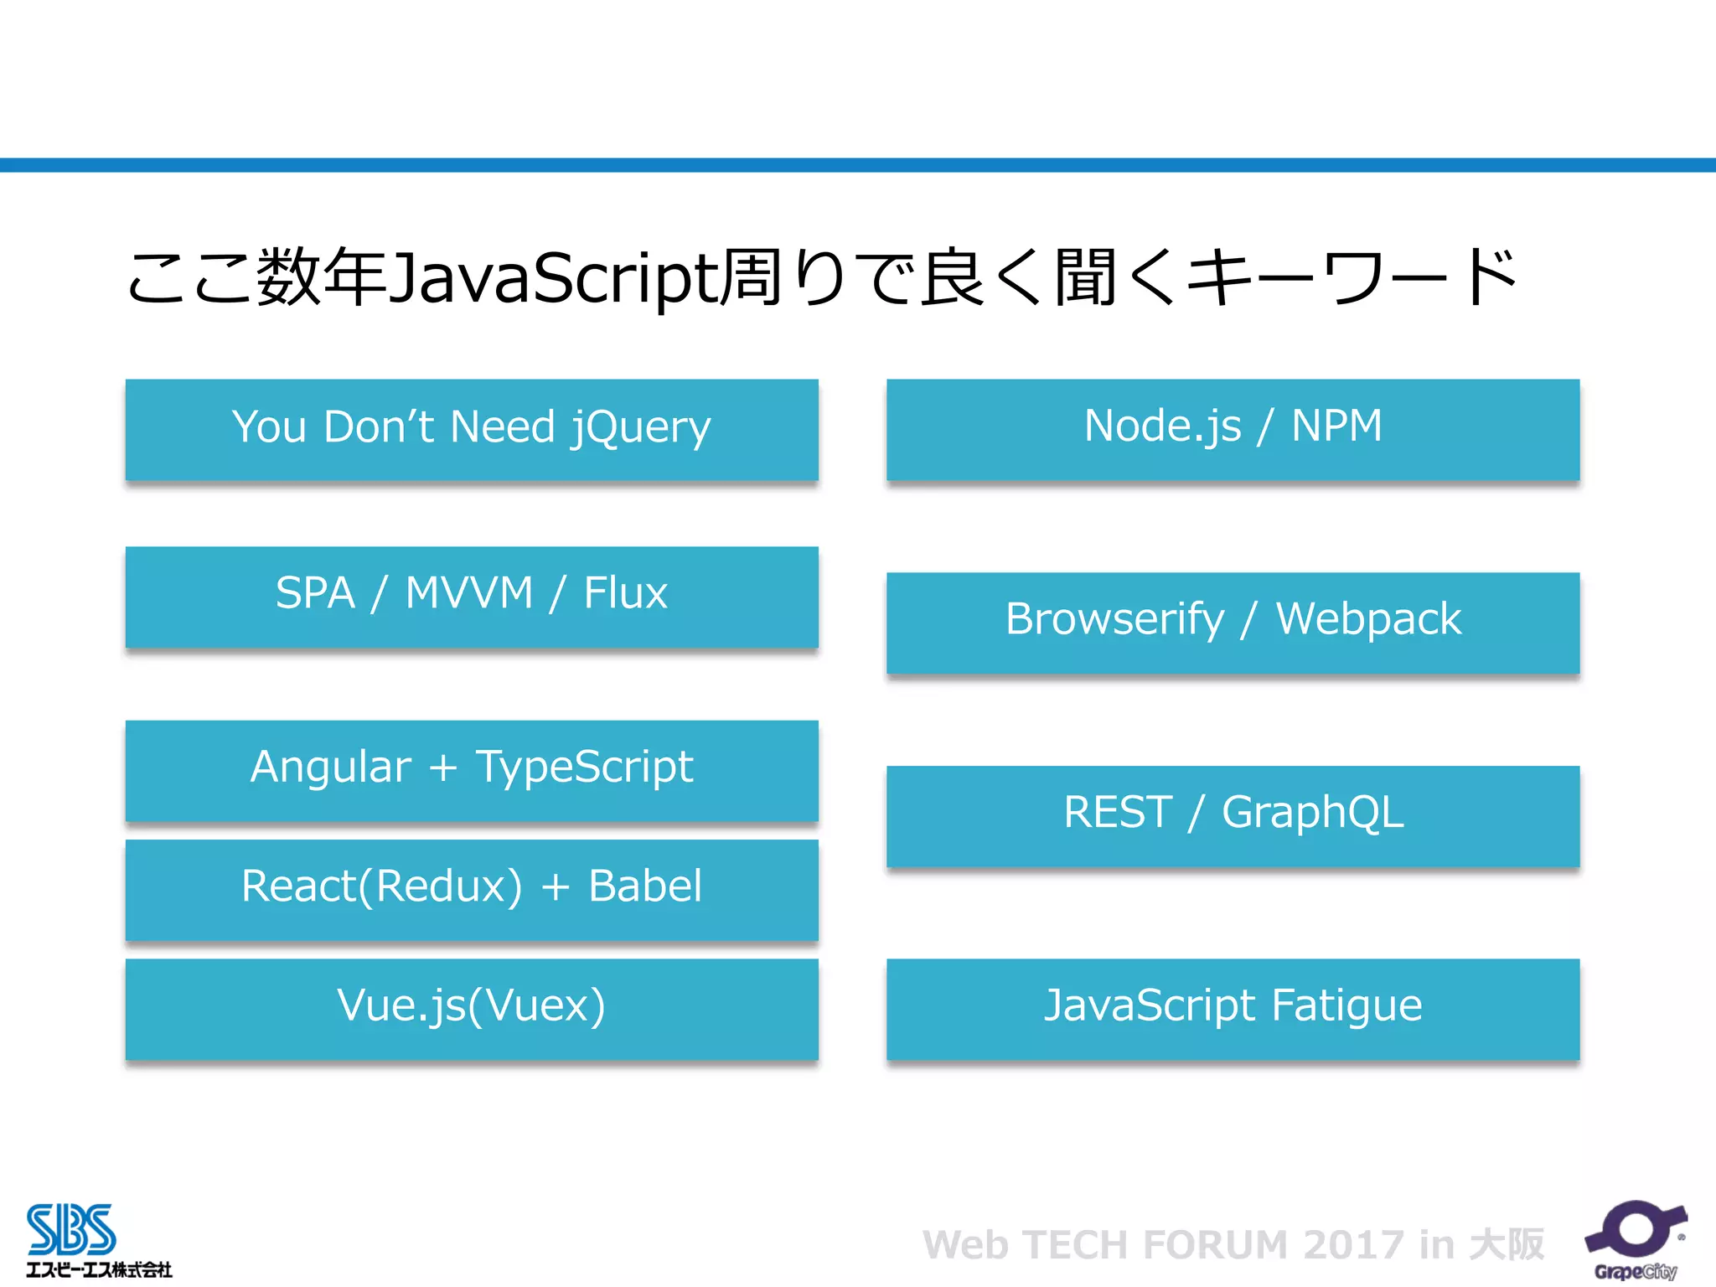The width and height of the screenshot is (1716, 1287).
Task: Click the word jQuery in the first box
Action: pos(640,427)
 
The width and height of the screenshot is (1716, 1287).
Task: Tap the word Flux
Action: pos(625,593)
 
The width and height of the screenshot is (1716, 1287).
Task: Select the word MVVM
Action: pos(469,593)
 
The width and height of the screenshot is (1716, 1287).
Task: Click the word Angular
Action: pos(331,768)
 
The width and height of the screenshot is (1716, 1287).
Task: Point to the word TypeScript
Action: pos(584,768)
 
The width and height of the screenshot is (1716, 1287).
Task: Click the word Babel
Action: pos(645,886)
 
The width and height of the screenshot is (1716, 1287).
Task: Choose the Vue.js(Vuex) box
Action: pos(472,1008)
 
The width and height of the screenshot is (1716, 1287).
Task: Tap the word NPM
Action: pos(1336,426)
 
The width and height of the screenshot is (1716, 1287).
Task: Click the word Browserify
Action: pos(1114,620)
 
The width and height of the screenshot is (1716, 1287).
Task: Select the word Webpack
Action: pos(1368,620)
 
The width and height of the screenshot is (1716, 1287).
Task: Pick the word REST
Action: pos(1118,812)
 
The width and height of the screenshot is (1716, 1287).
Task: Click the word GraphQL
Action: pos(1312,813)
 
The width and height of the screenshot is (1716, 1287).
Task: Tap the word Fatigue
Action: pos(1346,1005)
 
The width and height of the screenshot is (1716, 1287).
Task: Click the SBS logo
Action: pos(72,1230)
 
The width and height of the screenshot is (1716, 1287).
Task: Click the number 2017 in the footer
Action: pos(1352,1245)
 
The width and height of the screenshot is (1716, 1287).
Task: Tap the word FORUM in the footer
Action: pos(1215,1245)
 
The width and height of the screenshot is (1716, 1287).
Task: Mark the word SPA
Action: pos(315,593)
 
